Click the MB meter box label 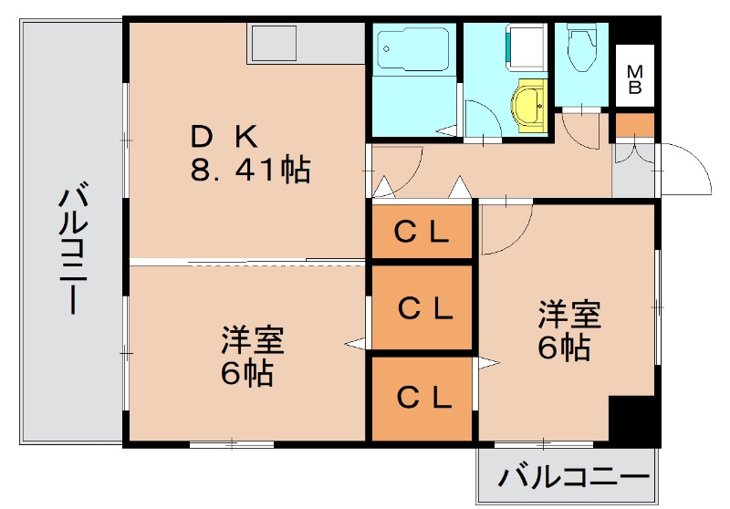[634, 79]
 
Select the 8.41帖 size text [250, 170]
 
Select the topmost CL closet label [421, 233]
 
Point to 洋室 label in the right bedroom [568, 315]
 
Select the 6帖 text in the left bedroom [246, 373]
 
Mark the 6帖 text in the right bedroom [563, 347]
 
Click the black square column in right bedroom [632, 420]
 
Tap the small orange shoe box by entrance [633, 126]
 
